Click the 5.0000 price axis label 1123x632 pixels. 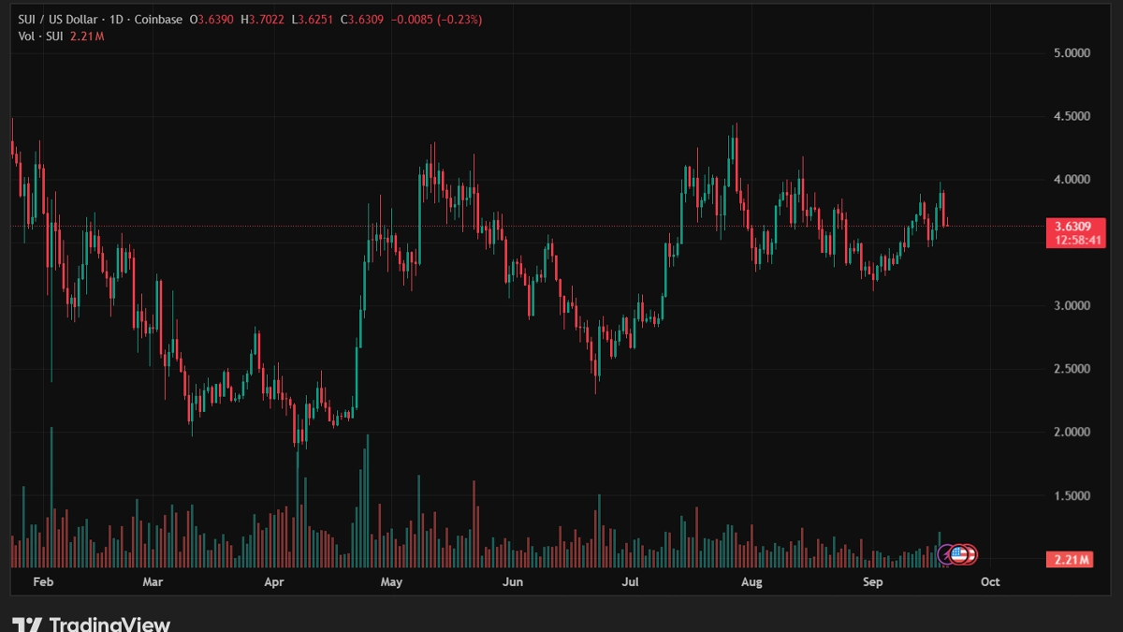1072,53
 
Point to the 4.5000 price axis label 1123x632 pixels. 1072,116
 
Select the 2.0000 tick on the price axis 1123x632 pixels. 1072,433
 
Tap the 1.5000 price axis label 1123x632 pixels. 1072,495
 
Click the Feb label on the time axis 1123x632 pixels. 42,582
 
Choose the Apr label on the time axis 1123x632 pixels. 273,582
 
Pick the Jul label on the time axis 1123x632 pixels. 631,582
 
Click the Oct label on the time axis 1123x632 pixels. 989,582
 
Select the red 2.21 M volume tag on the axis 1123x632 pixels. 1069,560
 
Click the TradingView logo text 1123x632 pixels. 109,624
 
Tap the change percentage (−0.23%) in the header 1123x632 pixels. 456,20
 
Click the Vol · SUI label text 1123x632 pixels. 38,36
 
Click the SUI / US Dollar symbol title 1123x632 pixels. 57,20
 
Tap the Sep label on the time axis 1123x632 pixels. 872,582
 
